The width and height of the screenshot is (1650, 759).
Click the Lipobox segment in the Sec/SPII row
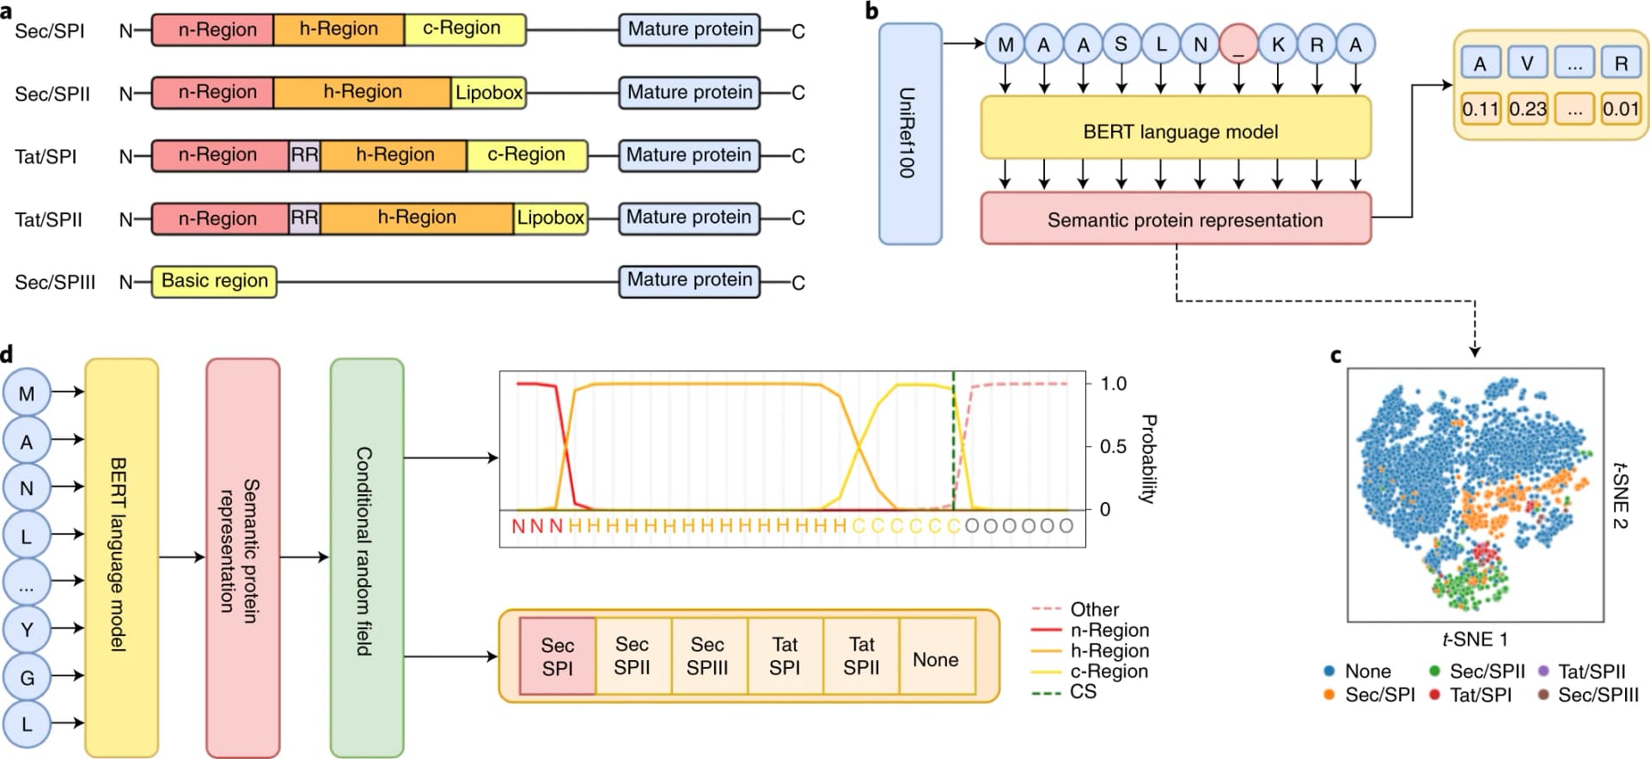click(x=488, y=92)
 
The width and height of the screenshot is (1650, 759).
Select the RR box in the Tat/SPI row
click(x=304, y=155)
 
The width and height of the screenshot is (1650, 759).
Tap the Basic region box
click(x=214, y=281)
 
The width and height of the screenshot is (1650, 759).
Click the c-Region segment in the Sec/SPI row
click(x=464, y=28)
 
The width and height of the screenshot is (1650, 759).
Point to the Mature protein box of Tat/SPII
click(x=689, y=217)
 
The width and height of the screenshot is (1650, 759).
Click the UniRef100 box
click(x=909, y=133)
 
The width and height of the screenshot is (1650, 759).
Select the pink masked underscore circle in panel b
click(x=1238, y=45)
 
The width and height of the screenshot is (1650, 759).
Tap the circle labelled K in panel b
click(x=1278, y=45)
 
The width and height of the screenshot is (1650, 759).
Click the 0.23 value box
click(x=1527, y=109)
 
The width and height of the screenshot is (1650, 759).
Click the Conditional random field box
click(x=366, y=557)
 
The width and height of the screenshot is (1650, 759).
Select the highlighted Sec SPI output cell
click(x=557, y=656)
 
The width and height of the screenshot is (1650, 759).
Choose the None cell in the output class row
click(x=936, y=659)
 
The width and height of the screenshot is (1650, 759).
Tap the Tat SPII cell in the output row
click(x=861, y=656)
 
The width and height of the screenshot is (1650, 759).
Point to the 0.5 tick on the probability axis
click(x=1112, y=446)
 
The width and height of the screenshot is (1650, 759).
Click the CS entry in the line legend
click(x=1083, y=692)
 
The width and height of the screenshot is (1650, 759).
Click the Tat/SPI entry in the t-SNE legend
click(x=1480, y=695)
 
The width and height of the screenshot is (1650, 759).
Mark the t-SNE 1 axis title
click(x=1475, y=639)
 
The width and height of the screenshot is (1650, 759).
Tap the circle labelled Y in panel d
click(x=27, y=629)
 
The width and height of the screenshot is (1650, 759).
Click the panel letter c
click(x=1335, y=354)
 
